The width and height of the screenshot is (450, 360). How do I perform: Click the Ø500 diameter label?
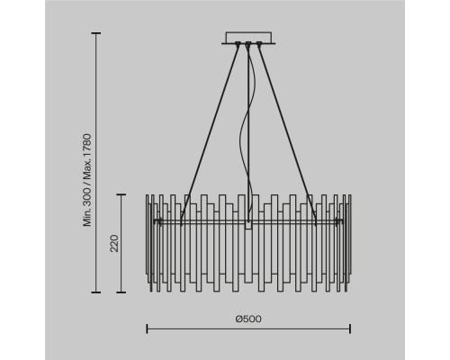click(x=248, y=319)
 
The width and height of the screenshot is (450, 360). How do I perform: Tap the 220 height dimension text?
click(x=114, y=243)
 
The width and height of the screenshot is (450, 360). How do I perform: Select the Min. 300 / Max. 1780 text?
click(x=87, y=180)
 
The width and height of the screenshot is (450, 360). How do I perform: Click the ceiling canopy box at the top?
click(x=248, y=38)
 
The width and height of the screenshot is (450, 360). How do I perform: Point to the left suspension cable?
click(x=210, y=133)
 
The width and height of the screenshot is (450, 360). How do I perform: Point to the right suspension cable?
click(x=287, y=133)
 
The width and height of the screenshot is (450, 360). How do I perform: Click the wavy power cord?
click(x=247, y=133)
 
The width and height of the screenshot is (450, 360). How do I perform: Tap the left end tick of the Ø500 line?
click(x=147, y=328)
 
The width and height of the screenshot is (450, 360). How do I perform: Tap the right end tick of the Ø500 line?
click(x=350, y=328)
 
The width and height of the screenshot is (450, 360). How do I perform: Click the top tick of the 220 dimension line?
click(x=121, y=194)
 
